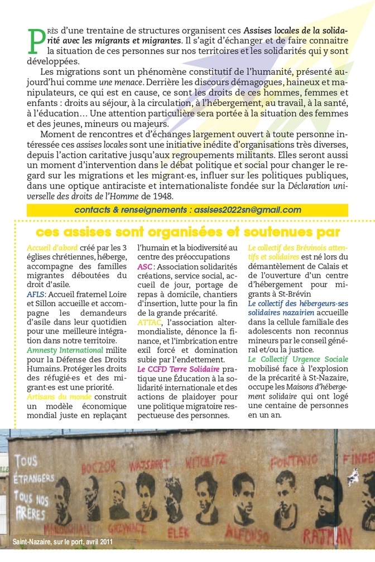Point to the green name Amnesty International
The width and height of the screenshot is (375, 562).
click(x=65, y=350)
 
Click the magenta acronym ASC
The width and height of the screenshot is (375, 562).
click(x=145, y=267)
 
